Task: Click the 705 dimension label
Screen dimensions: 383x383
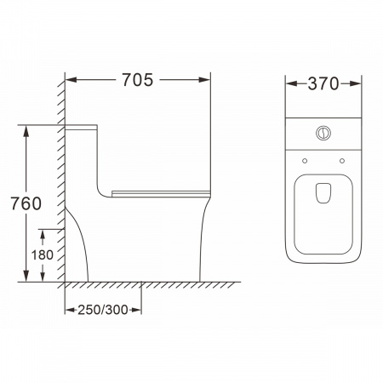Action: tap(138, 80)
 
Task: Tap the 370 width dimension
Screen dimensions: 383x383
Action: tap(323, 83)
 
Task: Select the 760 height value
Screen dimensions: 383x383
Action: tap(26, 203)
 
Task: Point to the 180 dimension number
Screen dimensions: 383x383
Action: tap(43, 254)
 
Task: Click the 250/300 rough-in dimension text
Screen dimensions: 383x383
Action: tap(103, 310)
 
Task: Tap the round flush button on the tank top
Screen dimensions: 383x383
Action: tap(323, 133)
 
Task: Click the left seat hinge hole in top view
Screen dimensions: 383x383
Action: tap(305, 161)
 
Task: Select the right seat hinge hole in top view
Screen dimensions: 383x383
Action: tap(342, 161)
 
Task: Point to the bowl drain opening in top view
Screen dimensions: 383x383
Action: tap(323, 193)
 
